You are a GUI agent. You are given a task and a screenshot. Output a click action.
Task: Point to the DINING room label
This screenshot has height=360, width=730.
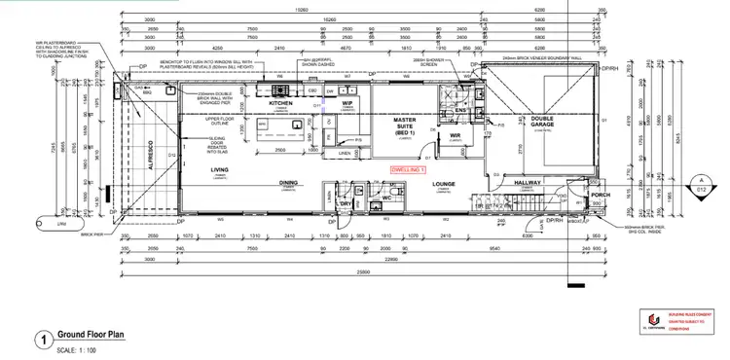pos(289,182)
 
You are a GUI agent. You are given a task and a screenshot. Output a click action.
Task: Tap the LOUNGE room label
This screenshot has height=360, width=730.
pos(446,182)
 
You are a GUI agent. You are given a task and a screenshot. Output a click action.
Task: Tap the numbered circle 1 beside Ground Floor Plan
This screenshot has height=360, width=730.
pos(42,341)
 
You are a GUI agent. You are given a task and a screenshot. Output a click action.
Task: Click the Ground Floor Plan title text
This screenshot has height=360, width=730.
pos(90,334)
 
